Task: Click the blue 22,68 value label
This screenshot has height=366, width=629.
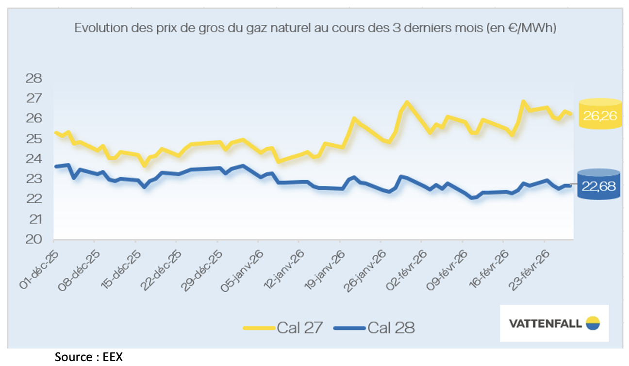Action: coord(599,186)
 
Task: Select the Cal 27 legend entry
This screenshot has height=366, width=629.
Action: coord(282,328)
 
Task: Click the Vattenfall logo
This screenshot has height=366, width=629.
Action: coord(554,323)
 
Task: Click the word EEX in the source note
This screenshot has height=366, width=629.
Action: coord(113,357)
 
